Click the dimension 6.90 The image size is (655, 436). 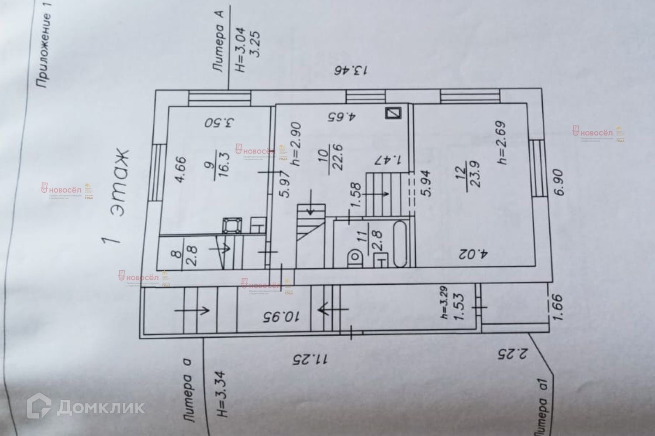tap(561, 184)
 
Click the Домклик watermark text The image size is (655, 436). tap(86, 408)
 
